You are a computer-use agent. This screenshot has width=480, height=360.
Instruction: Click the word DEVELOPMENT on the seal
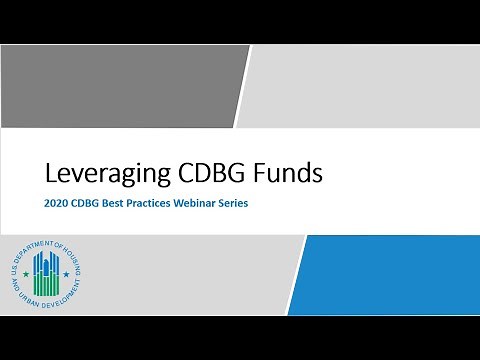point(57,302)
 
